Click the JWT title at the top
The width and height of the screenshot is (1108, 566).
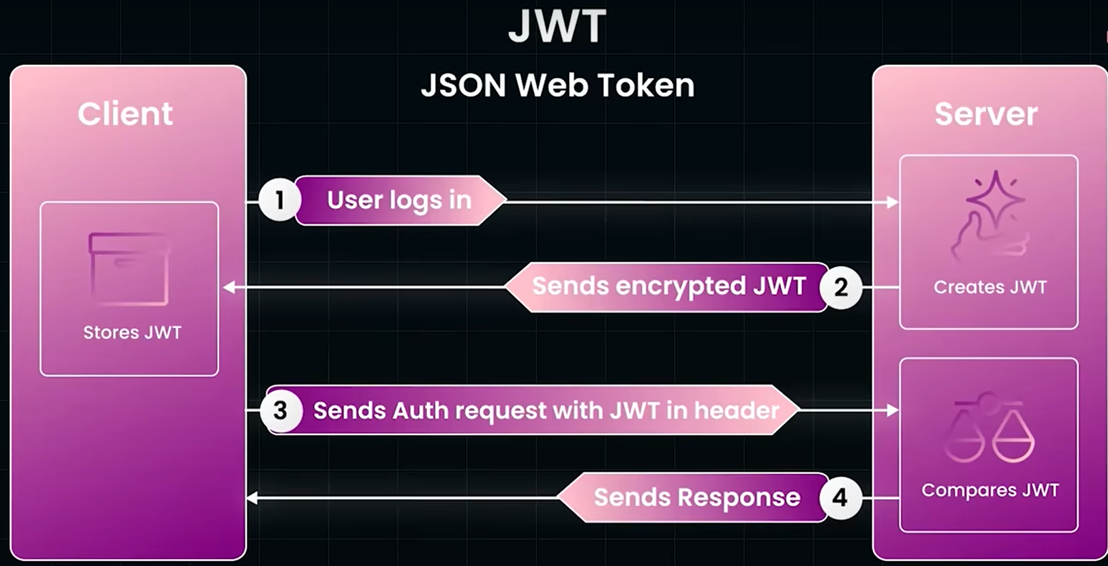tap(557, 27)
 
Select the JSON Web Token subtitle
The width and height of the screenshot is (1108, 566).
tap(557, 86)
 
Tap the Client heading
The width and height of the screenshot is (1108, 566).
tap(126, 114)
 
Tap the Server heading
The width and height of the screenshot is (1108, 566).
tap(986, 114)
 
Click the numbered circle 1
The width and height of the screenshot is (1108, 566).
tap(279, 201)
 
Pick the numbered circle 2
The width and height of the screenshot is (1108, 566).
tap(841, 287)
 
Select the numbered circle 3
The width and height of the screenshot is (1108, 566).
tap(281, 411)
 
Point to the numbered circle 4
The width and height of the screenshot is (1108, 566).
tap(840, 497)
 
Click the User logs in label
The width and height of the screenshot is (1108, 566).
tap(399, 201)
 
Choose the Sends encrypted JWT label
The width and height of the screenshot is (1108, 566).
tap(668, 287)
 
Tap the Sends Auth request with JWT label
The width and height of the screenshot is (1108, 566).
tap(545, 411)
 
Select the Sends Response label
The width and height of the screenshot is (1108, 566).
tap(696, 497)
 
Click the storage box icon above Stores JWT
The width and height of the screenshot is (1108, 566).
tap(129, 268)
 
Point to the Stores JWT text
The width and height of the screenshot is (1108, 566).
tap(132, 332)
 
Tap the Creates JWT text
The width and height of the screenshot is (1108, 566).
tap(989, 287)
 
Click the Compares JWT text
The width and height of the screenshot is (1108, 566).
tap(989, 490)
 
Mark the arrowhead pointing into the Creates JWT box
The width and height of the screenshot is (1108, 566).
tap(892, 202)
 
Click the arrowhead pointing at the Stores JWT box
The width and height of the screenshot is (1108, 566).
tap(228, 287)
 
